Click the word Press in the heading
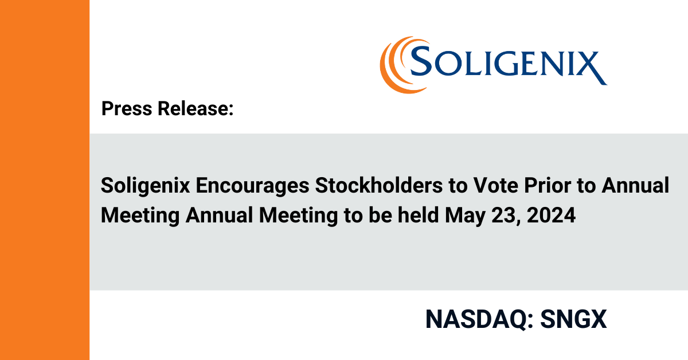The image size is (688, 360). click(x=127, y=108)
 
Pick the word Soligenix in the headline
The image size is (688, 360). click(x=145, y=186)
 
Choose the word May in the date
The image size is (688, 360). click(x=465, y=216)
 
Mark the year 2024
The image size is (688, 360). click(x=551, y=216)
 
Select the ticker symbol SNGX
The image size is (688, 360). click(x=573, y=319)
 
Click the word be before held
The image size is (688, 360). click(x=380, y=215)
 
